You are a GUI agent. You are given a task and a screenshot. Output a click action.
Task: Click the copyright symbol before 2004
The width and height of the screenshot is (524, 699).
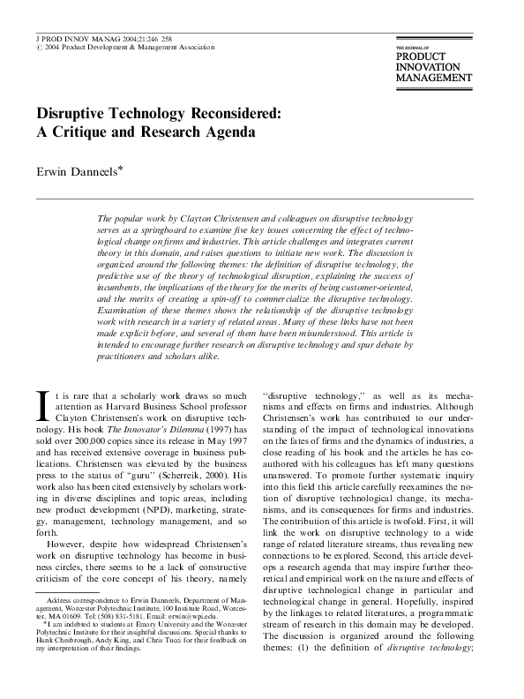(38, 49)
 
